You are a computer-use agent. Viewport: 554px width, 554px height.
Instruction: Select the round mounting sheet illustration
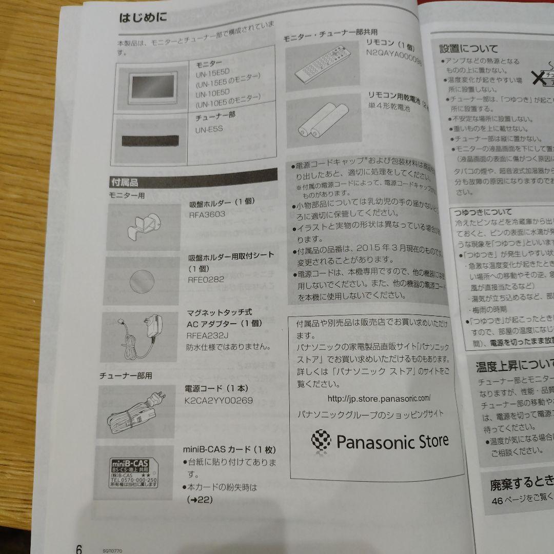[x=142, y=281]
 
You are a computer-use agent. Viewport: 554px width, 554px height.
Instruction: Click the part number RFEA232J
[x=208, y=335]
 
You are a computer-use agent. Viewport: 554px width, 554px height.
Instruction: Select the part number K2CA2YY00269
[x=218, y=401]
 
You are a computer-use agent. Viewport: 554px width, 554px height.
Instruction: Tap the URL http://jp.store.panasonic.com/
[x=379, y=398]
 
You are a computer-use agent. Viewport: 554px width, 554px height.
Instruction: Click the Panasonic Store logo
[x=380, y=440]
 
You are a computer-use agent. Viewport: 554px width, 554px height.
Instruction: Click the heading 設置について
[x=468, y=49]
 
